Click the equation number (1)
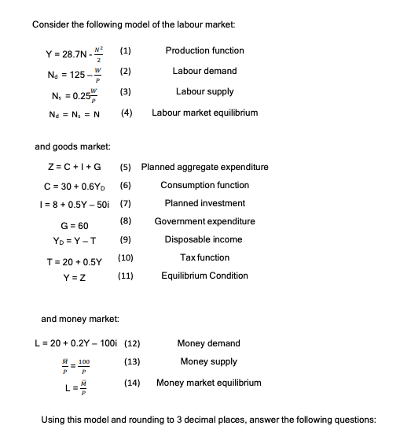[124, 51]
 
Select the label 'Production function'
[204, 50]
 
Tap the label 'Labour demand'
[204, 71]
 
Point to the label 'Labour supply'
[204, 92]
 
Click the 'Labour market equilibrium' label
[204, 113]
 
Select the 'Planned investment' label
[204, 203]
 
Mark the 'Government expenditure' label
[204, 221]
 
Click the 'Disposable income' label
[204, 239]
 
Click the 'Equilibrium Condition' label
[204, 276]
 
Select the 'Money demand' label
[208, 343]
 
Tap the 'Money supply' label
[208, 361]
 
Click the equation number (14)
[132, 383]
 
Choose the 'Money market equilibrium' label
[208, 383]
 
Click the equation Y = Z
[77, 276]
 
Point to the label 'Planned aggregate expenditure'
[204, 167]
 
